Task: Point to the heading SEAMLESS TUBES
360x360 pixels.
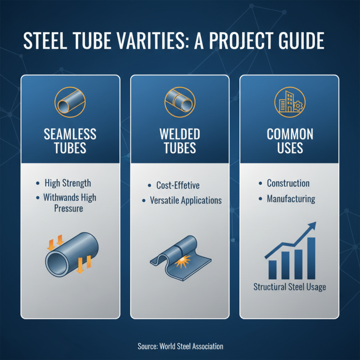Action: (70, 141)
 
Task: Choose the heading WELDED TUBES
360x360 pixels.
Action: (180, 141)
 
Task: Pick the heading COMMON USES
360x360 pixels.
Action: (290, 141)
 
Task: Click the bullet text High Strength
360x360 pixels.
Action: (67, 183)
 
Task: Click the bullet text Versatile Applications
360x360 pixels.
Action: (185, 200)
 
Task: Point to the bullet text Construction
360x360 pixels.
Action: (288, 183)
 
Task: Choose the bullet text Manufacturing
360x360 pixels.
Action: (291, 198)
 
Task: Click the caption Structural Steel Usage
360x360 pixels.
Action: (289, 287)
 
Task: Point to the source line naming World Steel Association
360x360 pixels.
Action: (180, 346)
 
